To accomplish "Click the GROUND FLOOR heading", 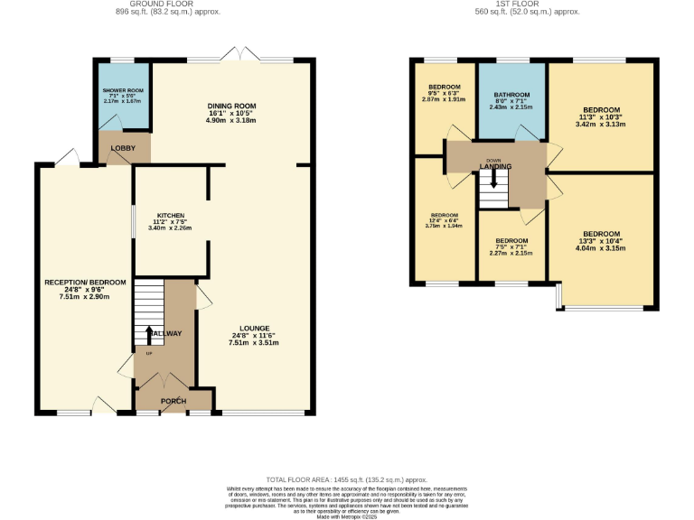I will click(x=167, y=5).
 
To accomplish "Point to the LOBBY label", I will click(x=123, y=147).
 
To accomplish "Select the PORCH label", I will click(x=173, y=401).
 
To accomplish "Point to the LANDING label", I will click(x=494, y=167).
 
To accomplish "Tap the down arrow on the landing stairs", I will click(x=493, y=180).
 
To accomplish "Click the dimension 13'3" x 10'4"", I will click(x=601, y=241).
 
